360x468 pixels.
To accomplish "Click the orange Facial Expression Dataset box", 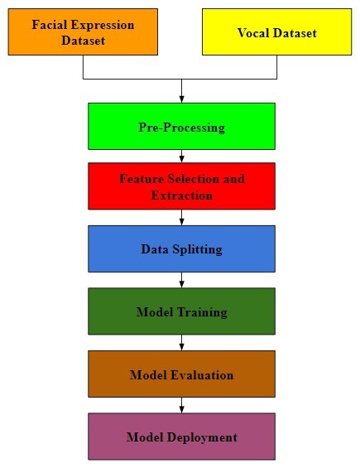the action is (x=83, y=31).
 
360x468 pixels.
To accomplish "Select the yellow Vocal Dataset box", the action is (x=276, y=31).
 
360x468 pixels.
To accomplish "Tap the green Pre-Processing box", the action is (x=181, y=126).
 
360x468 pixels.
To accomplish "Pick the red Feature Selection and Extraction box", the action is (x=181, y=186).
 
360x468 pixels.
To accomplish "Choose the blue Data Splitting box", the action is (x=181, y=248).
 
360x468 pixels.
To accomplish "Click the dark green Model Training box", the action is (x=181, y=311).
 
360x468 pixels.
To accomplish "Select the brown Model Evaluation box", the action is (x=181, y=374).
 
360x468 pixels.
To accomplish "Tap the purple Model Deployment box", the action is (x=181, y=437).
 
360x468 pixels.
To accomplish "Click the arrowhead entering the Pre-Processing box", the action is (x=181, y=99).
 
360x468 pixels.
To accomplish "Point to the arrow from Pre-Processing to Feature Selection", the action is (x=181, y=156).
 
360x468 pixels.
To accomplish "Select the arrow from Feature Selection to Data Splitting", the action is (x=181, y=217).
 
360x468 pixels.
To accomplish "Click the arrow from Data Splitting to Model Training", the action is (x=181, y=280).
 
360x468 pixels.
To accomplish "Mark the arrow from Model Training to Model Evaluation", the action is (x=181, y=342).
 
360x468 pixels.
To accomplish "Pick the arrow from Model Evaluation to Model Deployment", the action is (x=181, y=405).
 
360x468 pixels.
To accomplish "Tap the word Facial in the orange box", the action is (x=49, y=25).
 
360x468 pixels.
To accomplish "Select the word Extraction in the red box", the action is (x=181, y=195).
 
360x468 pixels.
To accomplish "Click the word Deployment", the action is (x=202, y=437).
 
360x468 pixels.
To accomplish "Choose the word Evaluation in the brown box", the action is (x=202, y=375).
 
